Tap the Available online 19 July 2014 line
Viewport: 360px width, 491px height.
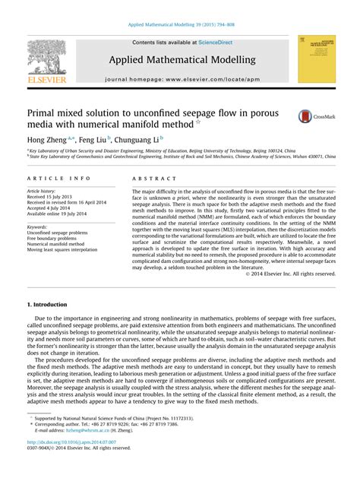[x=60, y=214]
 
